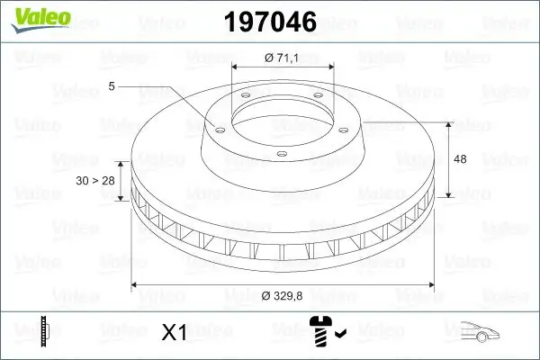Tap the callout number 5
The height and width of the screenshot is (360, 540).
click(112, 86)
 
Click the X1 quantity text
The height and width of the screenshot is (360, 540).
click(174, 333)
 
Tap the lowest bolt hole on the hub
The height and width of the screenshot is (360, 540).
click(281, 155)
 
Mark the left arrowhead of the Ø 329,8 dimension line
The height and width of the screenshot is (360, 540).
click(135, 285)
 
